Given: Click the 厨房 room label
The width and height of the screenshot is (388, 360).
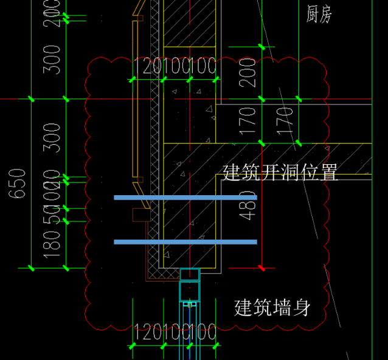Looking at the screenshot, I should [x=319, y=13].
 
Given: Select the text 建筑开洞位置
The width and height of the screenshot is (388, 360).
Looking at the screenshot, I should [x=280, y=172].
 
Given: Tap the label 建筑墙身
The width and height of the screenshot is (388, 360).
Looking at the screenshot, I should [x=272, y=308].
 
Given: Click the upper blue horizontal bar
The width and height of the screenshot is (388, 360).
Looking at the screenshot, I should [x=185, y=198].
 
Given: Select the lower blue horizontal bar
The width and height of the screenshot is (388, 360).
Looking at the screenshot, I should [x=185, y=242].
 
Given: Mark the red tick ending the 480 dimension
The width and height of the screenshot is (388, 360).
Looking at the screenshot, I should [x=262, y=268].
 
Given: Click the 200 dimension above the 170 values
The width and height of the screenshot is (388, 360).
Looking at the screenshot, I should [x=248, y=72].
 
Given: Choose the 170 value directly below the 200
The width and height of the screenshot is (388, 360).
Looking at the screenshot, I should [x=248, y=120].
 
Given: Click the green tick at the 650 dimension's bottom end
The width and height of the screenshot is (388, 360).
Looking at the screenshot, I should [x=31, y=268].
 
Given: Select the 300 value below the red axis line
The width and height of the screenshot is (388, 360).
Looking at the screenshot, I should [x=54, y=137].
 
